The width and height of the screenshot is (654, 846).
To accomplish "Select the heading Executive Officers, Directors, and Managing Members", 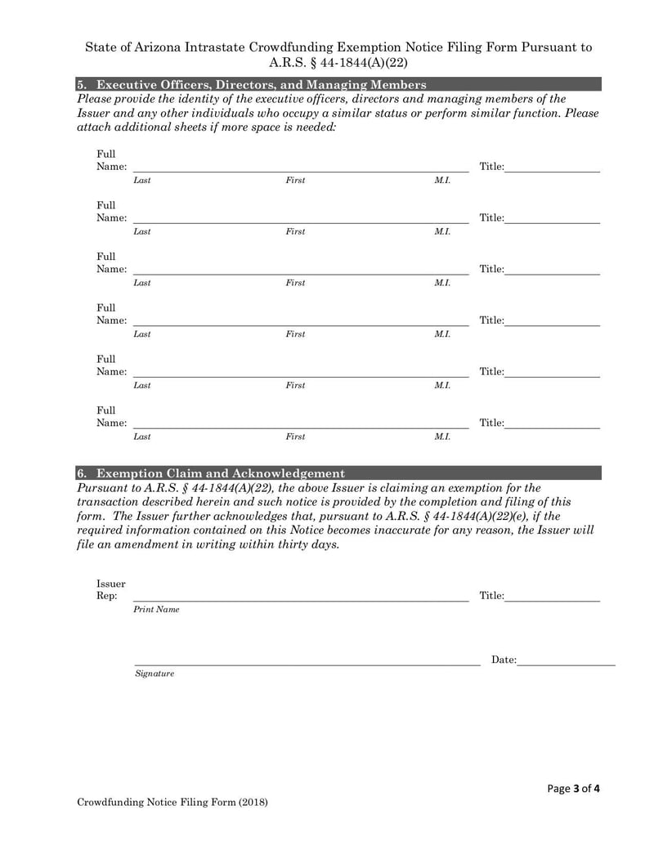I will click(x=261, y=84).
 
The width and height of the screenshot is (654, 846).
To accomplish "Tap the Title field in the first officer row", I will click(x=552, y=167).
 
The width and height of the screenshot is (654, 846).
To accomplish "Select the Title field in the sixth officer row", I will click(x=552, y=423).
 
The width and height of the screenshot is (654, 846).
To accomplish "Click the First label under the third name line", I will click(x=295, y=283).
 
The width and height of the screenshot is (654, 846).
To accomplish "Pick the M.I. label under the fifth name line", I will click(x=441, y=385).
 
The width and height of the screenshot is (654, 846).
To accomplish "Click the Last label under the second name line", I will click(x=141, y=231).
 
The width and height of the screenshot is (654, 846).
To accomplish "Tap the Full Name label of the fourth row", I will click(x=110, y=315).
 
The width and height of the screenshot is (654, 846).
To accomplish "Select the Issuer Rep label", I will click(x=110, y=589).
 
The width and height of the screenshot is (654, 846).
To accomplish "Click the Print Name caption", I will click(x=156, y=610).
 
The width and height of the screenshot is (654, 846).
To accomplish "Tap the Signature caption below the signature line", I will click(x=154, y=674).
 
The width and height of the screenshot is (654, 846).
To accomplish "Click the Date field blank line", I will click(x=566, y=660).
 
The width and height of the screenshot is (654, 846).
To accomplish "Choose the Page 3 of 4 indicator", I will click(x=573, y=789).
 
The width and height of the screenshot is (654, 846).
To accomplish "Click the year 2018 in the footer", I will click(x=253, y=803).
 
